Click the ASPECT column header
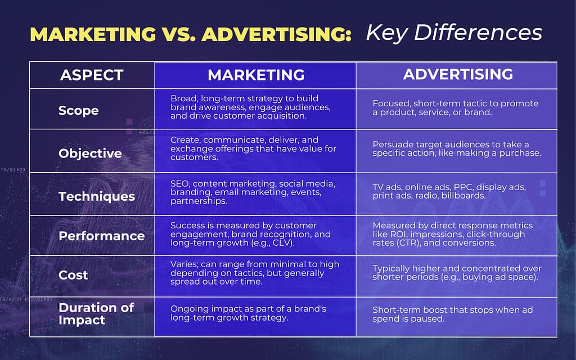[x=92, y=75]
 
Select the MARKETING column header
[x=256, y=75]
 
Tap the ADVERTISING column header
[x=458, y=74]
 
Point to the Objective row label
[x=90, y=153]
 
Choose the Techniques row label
[x=97, y=196]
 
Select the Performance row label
[x=102, y=236]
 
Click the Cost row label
[x=73, y=275]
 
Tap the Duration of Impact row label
[x=96, y=314]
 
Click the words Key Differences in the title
[x=454, y=33]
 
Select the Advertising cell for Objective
[x=456, y=149]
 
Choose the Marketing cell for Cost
[x=255, y=273]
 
